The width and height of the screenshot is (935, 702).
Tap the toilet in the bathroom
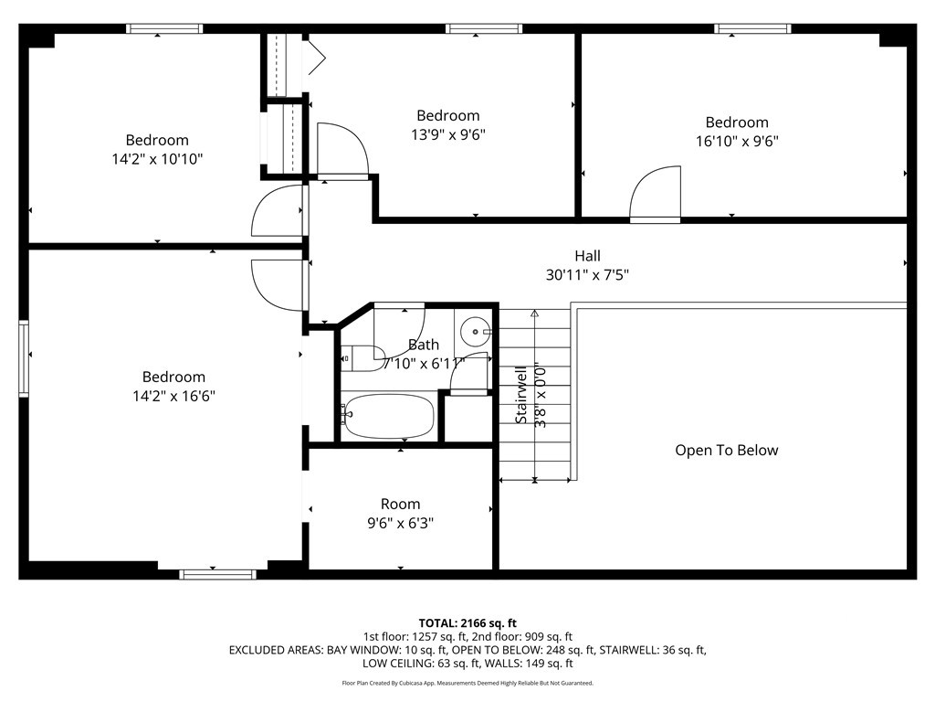coord(363,358)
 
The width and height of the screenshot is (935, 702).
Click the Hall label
coord(587,256)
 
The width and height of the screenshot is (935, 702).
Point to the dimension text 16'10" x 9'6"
coord(737,141)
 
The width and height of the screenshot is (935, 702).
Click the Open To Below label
coord(726,450)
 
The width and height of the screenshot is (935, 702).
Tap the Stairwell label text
coord(521,395)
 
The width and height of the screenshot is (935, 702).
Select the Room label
coord(400,504)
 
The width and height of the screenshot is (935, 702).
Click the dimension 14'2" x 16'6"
coord(173,396)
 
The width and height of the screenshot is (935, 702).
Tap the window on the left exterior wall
coord(24,358)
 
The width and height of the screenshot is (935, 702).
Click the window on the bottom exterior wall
coord(217,574)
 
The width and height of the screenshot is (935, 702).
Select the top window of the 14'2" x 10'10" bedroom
coord(164,28)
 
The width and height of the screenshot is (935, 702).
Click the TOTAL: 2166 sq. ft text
coord(467,623)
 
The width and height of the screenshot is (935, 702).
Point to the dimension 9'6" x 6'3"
coord(400,523)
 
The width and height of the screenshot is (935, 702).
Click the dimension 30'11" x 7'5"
coord(587,274)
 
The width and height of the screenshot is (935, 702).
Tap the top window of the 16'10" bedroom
coord(752,28)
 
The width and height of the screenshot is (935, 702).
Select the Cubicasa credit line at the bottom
coord(467,683)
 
